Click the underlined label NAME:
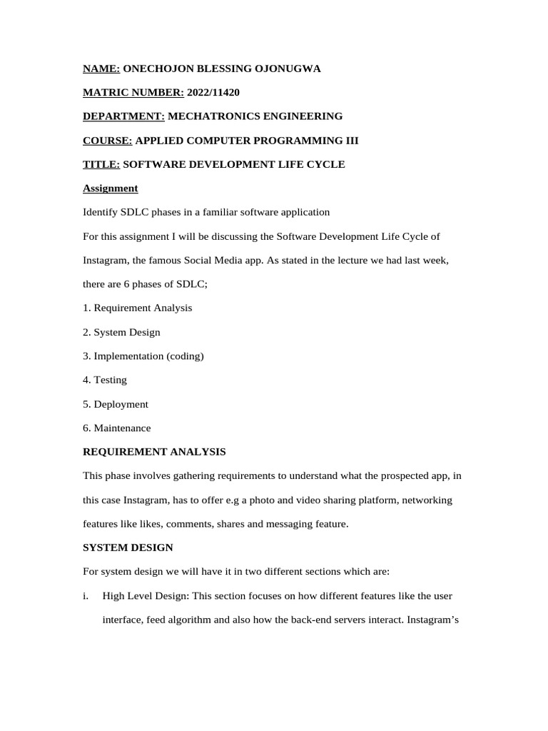tap(101, 69)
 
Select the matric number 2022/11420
tap(213, 93)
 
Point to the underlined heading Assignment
tap(110, 188)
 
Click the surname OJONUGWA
tap(288, 69)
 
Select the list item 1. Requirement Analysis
tap(137, 308)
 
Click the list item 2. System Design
tap(121, 332)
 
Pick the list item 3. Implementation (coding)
tap(143, 356)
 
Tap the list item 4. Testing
tap(105, 380)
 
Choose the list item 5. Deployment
tap(116, 404)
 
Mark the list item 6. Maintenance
tap(116, 428)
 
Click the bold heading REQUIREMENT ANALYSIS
tap(154, 452)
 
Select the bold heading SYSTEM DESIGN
tap(128, 548)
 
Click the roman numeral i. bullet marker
tap(85, 595)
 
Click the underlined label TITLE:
tap(101, 164)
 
